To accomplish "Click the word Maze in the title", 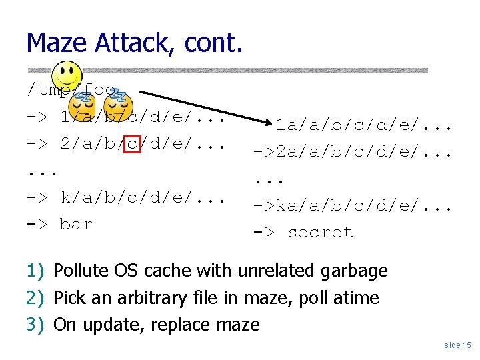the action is pyautogui.click(x=57, y=43).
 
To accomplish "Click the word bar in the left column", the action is pyautogui.click(x=75, y=225).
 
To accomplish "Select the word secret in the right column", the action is pyautogui.click(x=320, y=233).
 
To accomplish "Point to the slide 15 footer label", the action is pyautogui.click(x=457, y=345).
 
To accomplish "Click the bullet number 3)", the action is pyautogui.click(x=35, y=325).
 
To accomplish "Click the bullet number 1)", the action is pyautogui.click(x=35, y=271).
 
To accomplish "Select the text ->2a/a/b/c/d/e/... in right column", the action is pyautogui.click(x=353, y=151).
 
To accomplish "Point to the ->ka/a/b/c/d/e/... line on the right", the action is pyautogui.click(x=353, y=206).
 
